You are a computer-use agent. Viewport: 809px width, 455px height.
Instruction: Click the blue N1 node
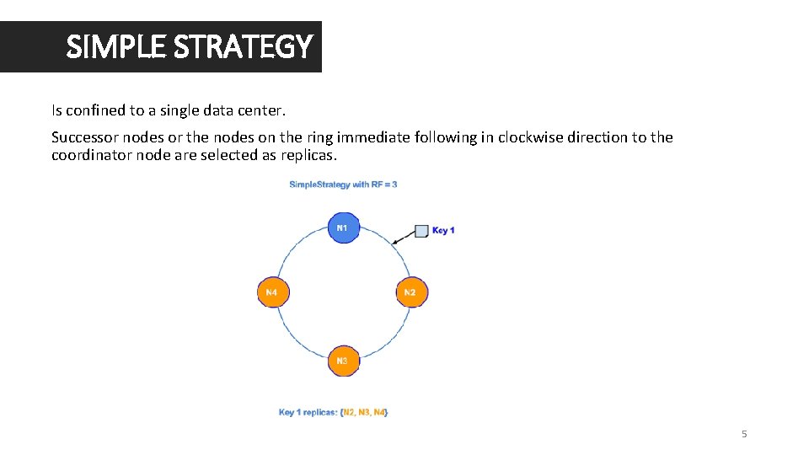(x=342, y=228)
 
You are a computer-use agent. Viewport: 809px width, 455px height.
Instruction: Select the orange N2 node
(x=410, y=292)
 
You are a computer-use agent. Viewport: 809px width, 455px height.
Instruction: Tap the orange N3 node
(x=342, y=361)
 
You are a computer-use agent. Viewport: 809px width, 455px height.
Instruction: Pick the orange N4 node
(x=271, y=292)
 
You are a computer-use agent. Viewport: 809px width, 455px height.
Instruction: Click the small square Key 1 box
(x=422, y=231)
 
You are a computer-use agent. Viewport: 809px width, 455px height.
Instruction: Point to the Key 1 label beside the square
(x=443, y=231)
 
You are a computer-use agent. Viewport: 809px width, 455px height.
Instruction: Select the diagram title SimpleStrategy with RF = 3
(x=343, y=185)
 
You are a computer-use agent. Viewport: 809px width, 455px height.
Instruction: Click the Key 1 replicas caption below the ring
(x=333, y=412)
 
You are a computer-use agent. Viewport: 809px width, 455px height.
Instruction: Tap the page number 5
(x=744, y=434)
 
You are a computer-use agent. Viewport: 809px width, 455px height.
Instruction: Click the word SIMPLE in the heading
(x=115, y=47)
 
